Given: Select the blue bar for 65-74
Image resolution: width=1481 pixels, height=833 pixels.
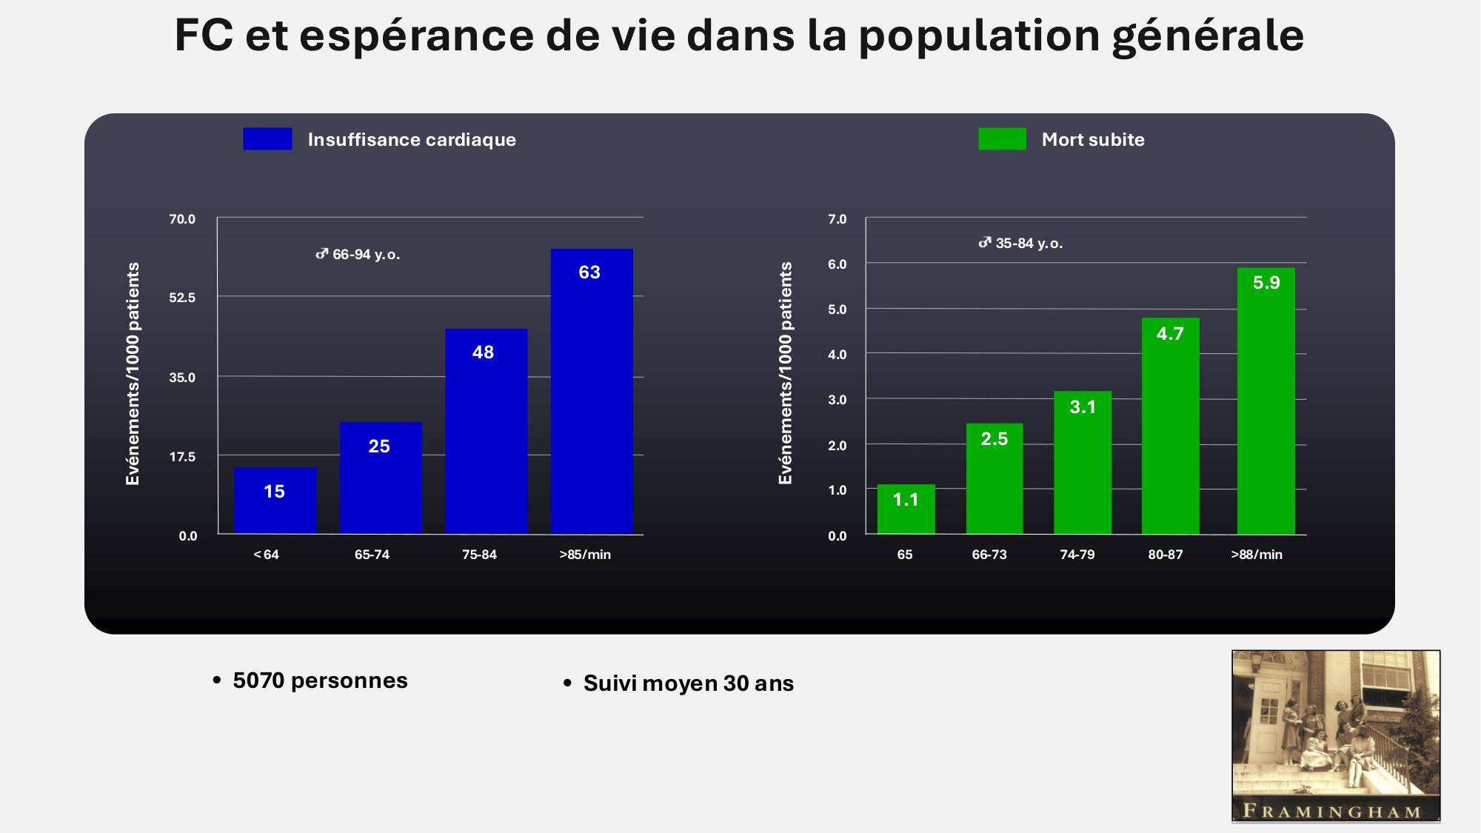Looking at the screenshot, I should coord(381,478).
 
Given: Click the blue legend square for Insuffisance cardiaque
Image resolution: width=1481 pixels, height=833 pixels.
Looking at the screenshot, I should coord(267,139).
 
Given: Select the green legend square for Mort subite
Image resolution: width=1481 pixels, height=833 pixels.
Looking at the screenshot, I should coord(1002,139).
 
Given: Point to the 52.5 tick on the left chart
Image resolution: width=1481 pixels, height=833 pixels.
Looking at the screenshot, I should coord(182,298).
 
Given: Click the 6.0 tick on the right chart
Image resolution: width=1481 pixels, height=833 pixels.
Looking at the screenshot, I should coord(837,264).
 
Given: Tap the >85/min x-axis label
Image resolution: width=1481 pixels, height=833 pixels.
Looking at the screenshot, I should coord(585,555).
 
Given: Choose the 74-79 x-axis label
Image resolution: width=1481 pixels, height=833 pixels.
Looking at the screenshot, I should coord(1077,555).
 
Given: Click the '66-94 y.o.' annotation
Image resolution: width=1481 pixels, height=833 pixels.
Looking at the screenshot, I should coord(358,255).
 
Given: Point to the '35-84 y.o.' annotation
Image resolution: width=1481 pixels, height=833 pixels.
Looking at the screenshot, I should coord(1021,244).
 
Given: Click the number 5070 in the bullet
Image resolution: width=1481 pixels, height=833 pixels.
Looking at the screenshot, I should coord(258,680).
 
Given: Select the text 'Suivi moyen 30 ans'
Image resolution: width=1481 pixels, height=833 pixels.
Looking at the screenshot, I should coord(688,683).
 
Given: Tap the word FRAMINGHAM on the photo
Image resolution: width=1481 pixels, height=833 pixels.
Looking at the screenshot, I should coord(1332,811).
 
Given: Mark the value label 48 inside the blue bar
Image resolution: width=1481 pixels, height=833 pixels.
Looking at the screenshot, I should coord(483,352).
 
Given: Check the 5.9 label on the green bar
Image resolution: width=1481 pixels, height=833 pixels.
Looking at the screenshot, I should coord(1266,283).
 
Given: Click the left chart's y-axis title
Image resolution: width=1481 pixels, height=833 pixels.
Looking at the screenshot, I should coord(133,374).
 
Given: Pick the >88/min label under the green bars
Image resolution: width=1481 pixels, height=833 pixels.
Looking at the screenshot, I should coord(1257,555).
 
